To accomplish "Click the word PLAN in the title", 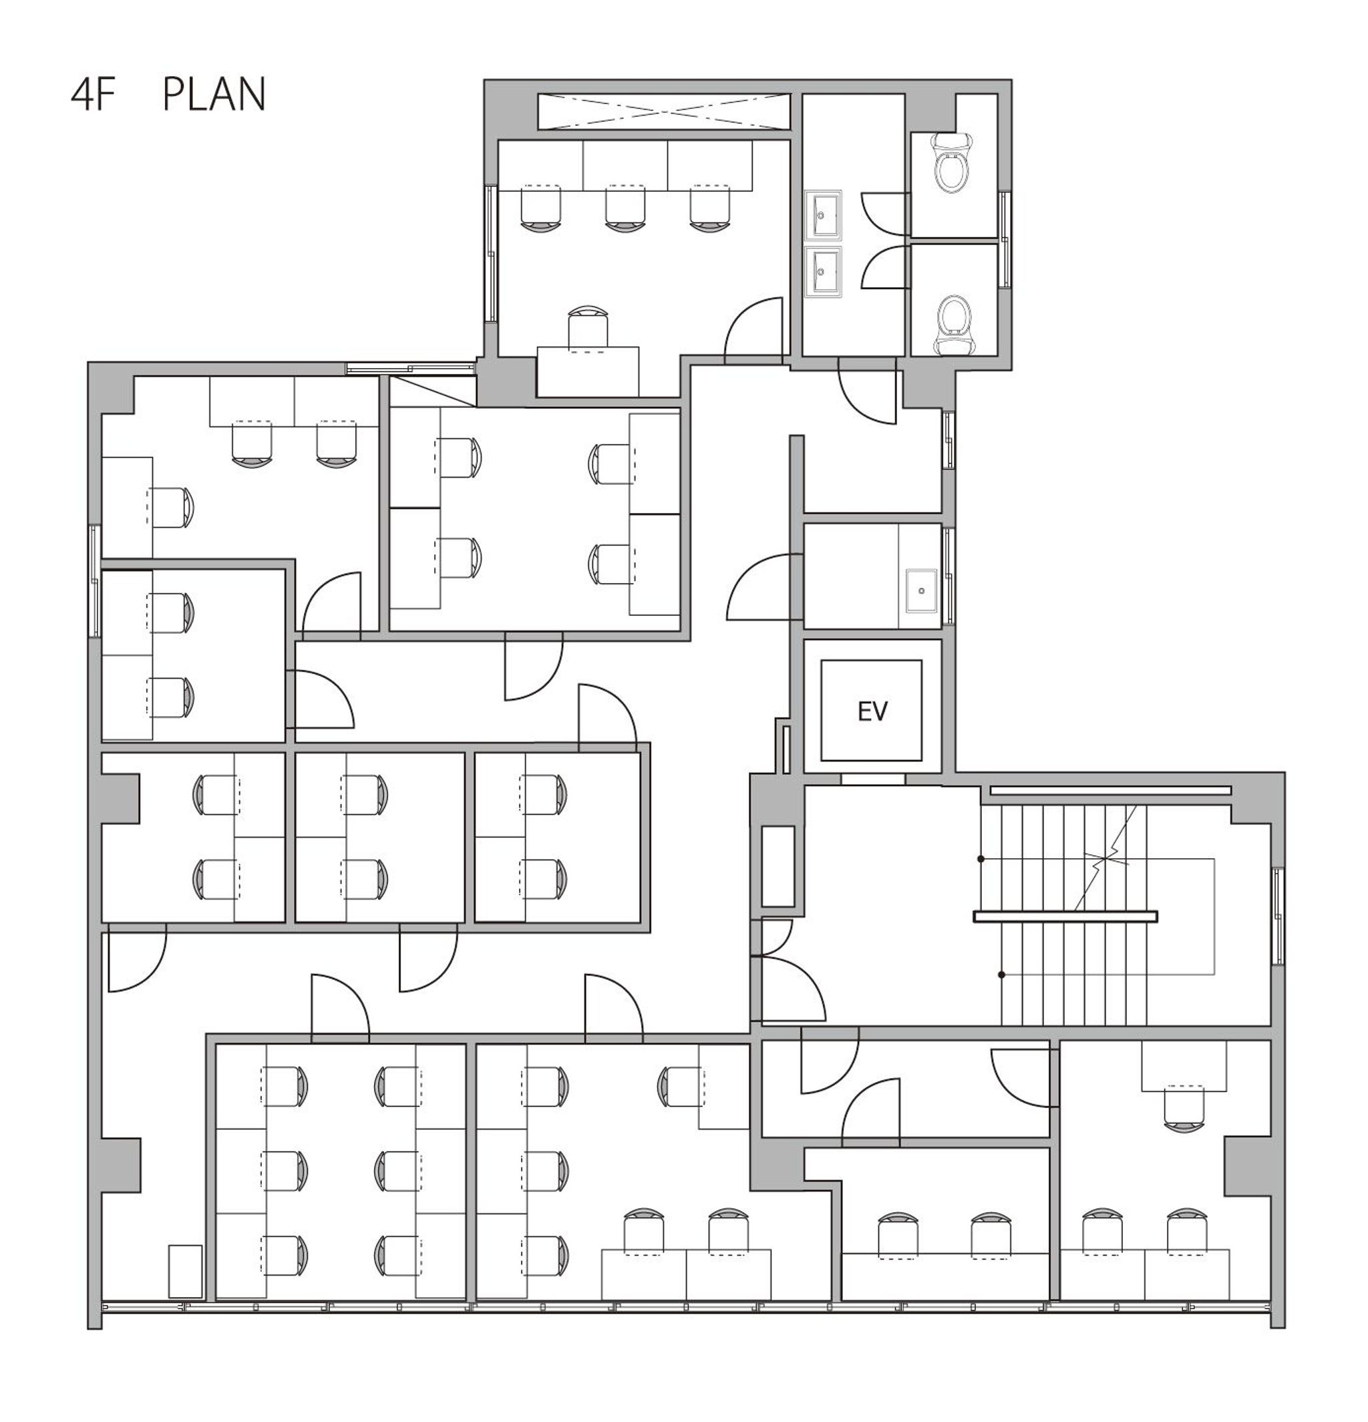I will point(214,95).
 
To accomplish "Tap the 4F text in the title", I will point(94,95).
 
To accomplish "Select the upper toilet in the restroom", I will point(953,162).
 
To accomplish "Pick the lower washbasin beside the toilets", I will point(822,271).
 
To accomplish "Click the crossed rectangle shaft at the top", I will point(663,112).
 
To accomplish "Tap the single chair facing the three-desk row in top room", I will point(587,327).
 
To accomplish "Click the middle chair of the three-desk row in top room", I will point(625,208).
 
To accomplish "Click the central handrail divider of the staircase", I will point(1065,916).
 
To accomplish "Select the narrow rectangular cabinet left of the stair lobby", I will point(778,866).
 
